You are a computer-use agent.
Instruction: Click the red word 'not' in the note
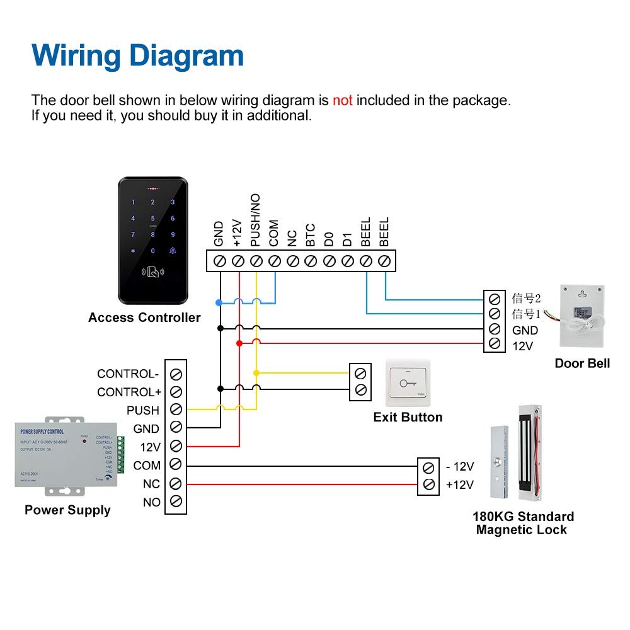[x=342, y=100]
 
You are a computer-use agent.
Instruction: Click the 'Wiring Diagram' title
[x=137, y=55]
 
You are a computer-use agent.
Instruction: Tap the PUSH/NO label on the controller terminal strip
[x=255, y=220]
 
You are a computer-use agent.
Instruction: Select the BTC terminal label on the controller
[x=310, y=234]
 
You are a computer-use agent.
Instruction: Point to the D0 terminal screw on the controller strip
[x=329, y=261]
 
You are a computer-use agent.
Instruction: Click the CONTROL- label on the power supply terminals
[x=128, y=374]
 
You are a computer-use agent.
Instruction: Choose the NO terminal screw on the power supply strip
[x=176, y=502]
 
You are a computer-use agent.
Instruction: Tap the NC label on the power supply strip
[x=152, y=484]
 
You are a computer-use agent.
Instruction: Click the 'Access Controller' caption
[x=144, y=318]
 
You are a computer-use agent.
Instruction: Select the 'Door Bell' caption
[x=582, y=363]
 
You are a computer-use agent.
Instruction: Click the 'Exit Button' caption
[x=408, y=417]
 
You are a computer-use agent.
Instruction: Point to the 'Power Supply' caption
[x=67, y=510]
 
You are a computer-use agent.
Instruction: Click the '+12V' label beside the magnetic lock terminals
[x=460, y=485]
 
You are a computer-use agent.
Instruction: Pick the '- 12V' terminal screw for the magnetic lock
[x=428, y=467]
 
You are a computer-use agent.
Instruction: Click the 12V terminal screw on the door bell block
[x=495, y=344]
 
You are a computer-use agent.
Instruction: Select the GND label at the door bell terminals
[x=525, y=330]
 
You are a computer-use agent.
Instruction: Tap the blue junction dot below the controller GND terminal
[x=219, y=303]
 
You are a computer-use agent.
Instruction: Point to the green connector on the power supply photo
[x=120, y=455]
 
